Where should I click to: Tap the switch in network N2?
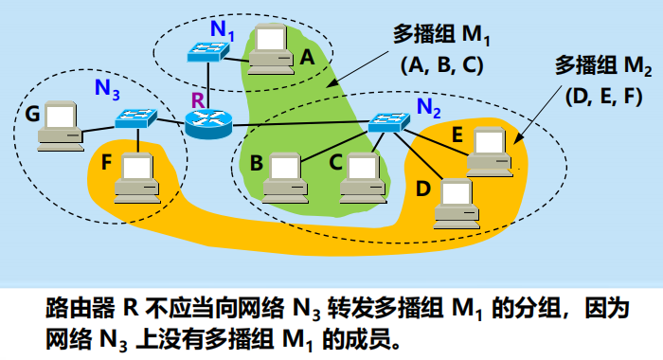pyautogui.click(x=389, y=122)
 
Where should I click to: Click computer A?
pyautogui.click(x=269, y=49)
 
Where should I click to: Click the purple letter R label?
pyautogui.click(x=198, y=99)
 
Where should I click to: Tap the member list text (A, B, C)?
pyautogui.click(x=444, y=64)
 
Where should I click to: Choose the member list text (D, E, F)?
pyautogui.click(x=603, y=96)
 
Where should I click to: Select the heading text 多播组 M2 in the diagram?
pyautogui.click(x=602, y=66)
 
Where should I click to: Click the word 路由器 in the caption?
pyautogui.click(x=76, y=309)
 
